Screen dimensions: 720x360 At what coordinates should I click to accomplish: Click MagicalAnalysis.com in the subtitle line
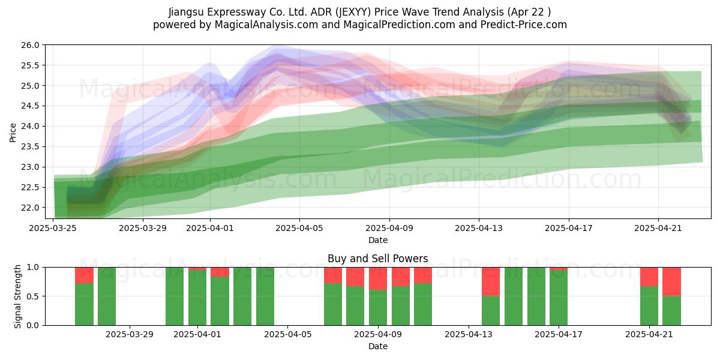tap(266, 25)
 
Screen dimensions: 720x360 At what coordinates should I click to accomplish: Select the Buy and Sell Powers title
tap(377, 259)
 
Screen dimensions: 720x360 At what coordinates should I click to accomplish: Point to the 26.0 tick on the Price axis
tap(30, 45)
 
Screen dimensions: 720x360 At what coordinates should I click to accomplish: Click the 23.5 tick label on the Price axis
tap(30, 146)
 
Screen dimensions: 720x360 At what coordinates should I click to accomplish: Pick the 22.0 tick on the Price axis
tap(30, 208)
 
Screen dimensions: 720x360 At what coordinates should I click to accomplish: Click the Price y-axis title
tap(13, 133)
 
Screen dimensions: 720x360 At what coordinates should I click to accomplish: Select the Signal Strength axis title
tap(17, 296)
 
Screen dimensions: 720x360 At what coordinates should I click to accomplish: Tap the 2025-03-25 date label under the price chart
tap(53, 228)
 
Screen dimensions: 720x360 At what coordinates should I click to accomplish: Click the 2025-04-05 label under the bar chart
tap(287, 334)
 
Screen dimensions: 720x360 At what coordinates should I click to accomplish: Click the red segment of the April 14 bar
tap(491, 281)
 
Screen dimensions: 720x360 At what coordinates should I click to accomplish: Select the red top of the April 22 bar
tap(671, 281)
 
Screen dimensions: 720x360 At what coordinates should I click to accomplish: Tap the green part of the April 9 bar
tap(378, 308)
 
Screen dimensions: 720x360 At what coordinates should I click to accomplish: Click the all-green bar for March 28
tap(107, 296)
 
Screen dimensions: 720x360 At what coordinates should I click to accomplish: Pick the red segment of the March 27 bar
tap(84, 275)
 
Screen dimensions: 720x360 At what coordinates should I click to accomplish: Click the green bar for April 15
tap(514, 296)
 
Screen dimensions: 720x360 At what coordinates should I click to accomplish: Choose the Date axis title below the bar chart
tap(377, 346)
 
